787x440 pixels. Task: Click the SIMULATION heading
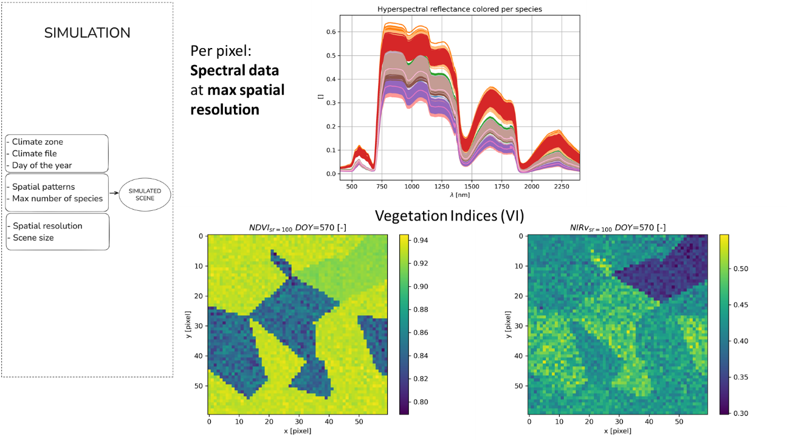pos(87,33)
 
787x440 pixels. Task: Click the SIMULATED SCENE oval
pos(145,194)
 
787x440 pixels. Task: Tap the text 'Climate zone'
pos(37,142)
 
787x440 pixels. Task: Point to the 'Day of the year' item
pos(41,165)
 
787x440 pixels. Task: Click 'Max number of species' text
pos(57,198)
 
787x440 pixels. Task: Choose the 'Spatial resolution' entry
pos(47,225)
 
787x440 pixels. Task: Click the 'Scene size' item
pos(33,238)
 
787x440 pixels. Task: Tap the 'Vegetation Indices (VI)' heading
pos(449,216)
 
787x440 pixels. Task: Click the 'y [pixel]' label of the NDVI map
pos(190,323)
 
